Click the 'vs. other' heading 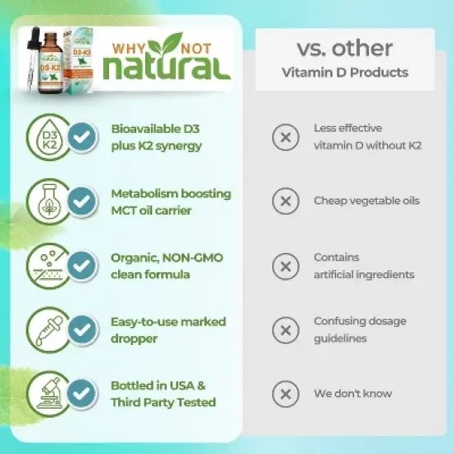pyautogui.click(x=344, y=47)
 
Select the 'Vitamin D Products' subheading pyautogui.click(x=344, y=73)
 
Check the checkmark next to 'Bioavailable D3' pyautogui.click(x=81, y=137)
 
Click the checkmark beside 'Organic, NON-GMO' pyautogui.click(x=81, y=266)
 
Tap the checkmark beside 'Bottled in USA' pyautogui.click(x=81, y=394)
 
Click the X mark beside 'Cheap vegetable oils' pyautogui.click(x=286, y=201)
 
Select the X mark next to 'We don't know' pyautogui.click(x=286, y=394)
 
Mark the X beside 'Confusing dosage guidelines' pyautogui.click(x=286, y=330)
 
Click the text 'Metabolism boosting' pyautogui.click(x=171, y=193)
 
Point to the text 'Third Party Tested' pyautogui.click(x=163, y=402)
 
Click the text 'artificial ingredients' pyautogui.click(x=363, y=274)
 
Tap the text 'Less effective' pyautogui.click(x=348, y=128)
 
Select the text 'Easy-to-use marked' pyautogui.click(x=168, y=321)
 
